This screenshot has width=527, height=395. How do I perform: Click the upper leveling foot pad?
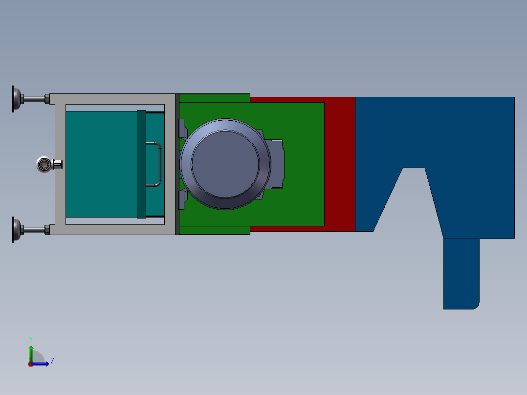click(16, 99)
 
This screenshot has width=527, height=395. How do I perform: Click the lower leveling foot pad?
click(16, 230)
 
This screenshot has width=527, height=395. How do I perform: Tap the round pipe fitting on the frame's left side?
click(44, 164)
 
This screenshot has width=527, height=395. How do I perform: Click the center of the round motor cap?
click(225, 164)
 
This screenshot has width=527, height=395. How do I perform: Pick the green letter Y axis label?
click(31, 340)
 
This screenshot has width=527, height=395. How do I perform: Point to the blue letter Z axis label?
click(52, 361)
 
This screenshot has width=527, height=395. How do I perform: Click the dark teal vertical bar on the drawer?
click(141, 164)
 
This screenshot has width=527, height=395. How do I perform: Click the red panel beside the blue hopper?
click(339, 164)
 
